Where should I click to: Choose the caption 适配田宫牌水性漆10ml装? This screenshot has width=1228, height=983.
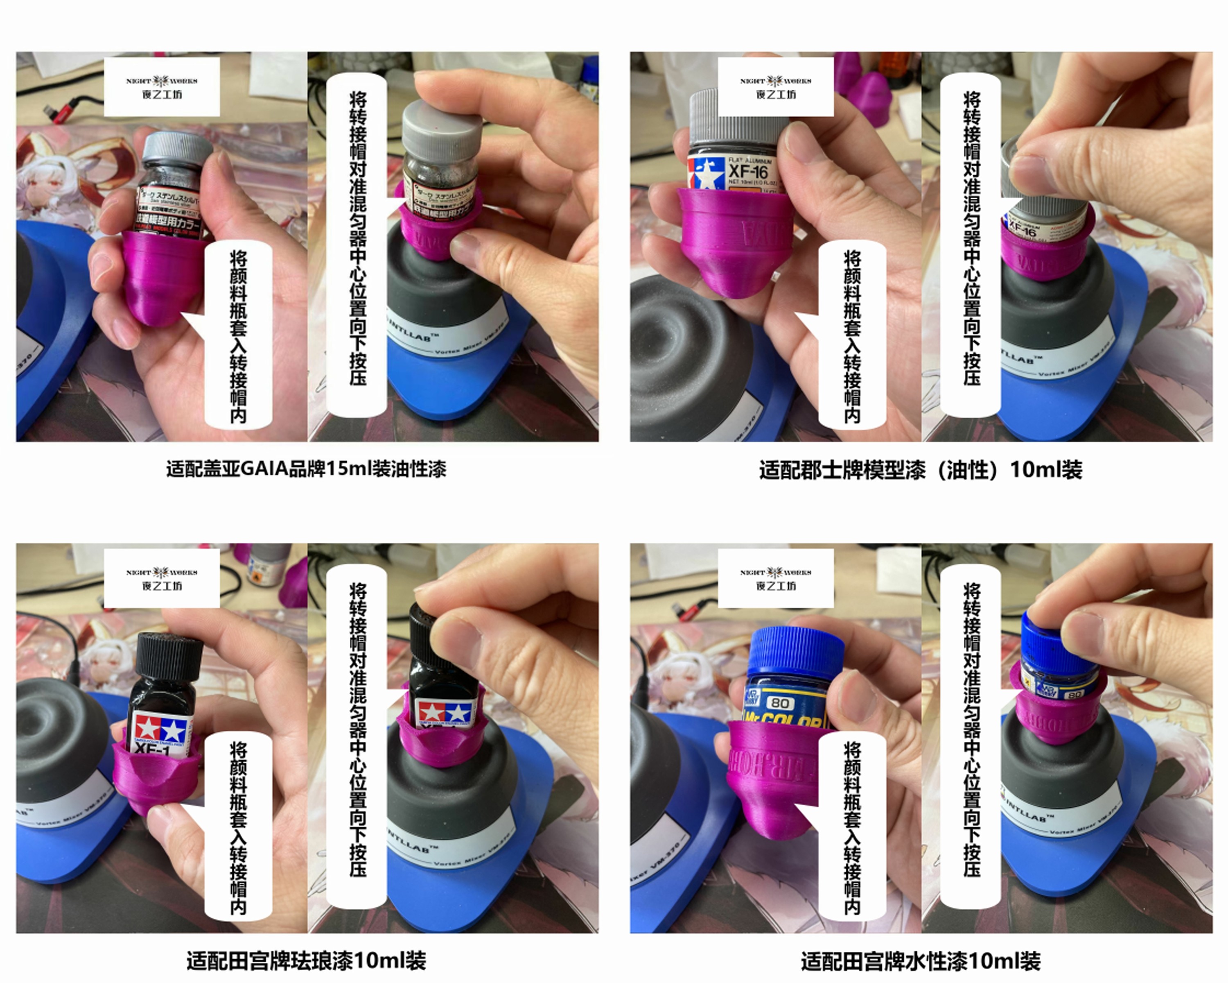(921, 961)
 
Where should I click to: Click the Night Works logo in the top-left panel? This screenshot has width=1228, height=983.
(162, 86)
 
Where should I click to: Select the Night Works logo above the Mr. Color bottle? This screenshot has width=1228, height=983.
(776, 578)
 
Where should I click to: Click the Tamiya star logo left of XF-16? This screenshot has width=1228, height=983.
(706, 173)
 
